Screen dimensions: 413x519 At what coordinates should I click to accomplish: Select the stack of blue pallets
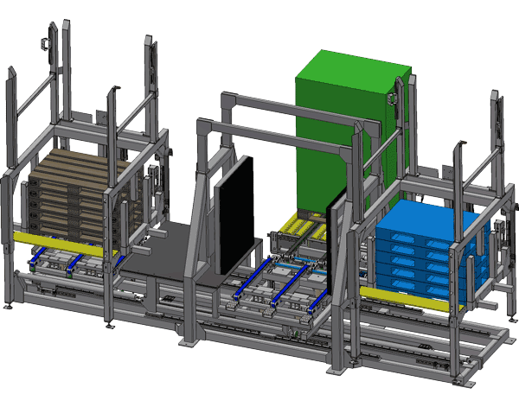[x=424, y=255]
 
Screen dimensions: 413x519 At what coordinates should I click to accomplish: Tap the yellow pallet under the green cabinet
[x=298, y=228]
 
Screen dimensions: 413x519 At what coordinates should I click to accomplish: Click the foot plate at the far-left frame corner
[x=9, y=308]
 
